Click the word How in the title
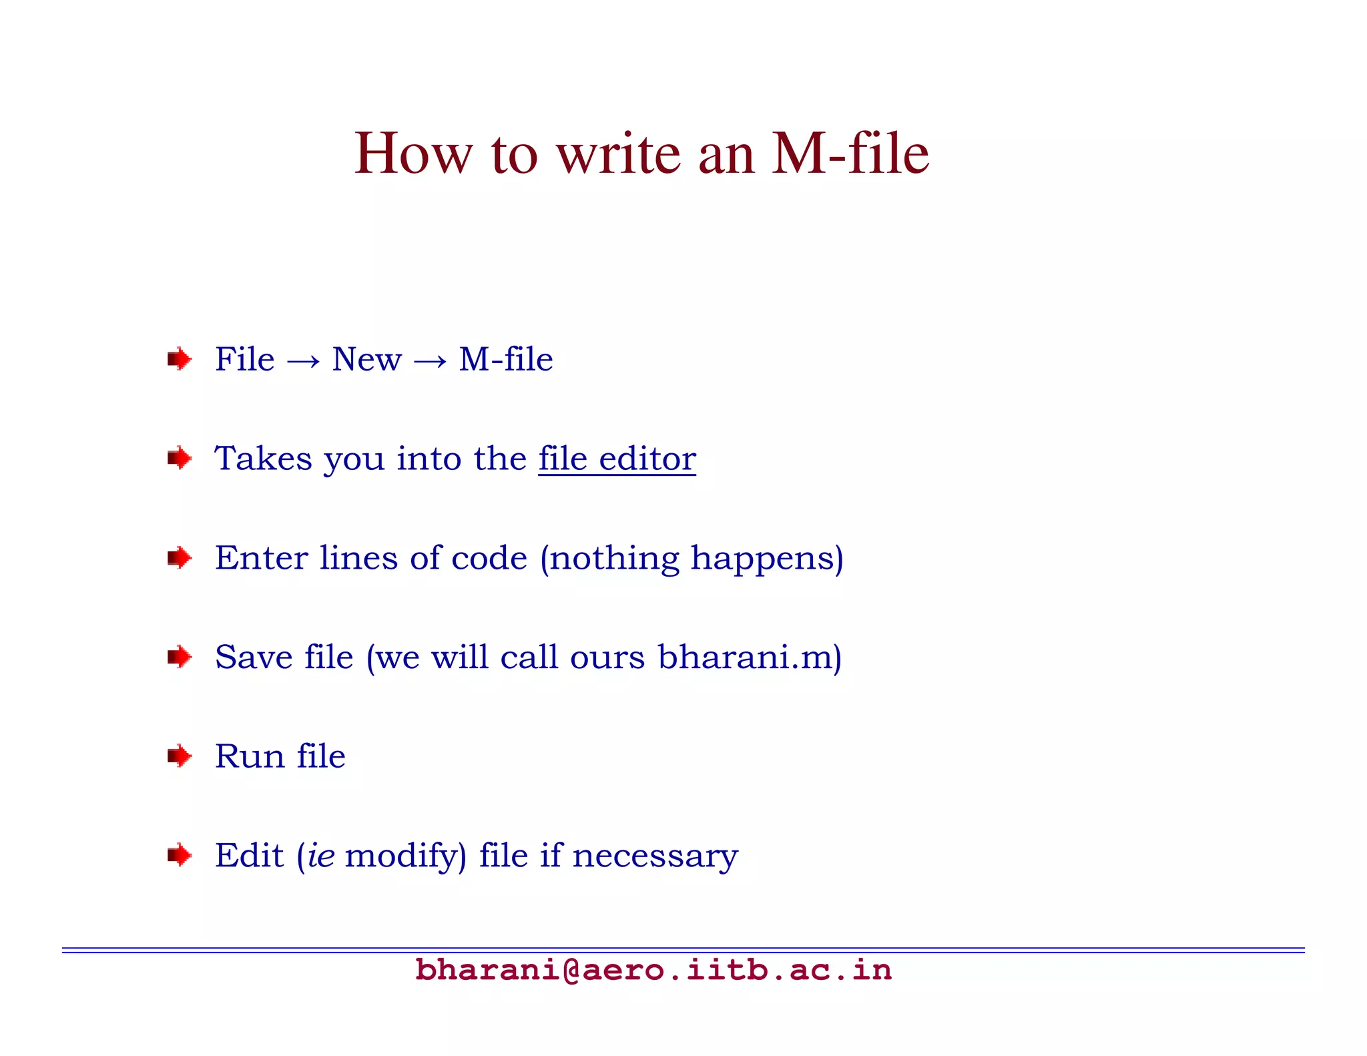click(x=413, y=155)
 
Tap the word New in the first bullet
click(x=366, y=360)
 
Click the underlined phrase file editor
click(x=617, y=459)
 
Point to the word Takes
click(x=264, y=459)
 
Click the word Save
click(x=254, y=657)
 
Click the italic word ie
click(x=321, y=856)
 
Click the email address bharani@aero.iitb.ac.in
click(x=653, y=970)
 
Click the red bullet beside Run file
click(x=179, y=756)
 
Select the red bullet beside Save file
click(x=179, y=657)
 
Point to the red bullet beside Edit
click(x=179, y=855)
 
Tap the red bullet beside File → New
click(x=179, y=360)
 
